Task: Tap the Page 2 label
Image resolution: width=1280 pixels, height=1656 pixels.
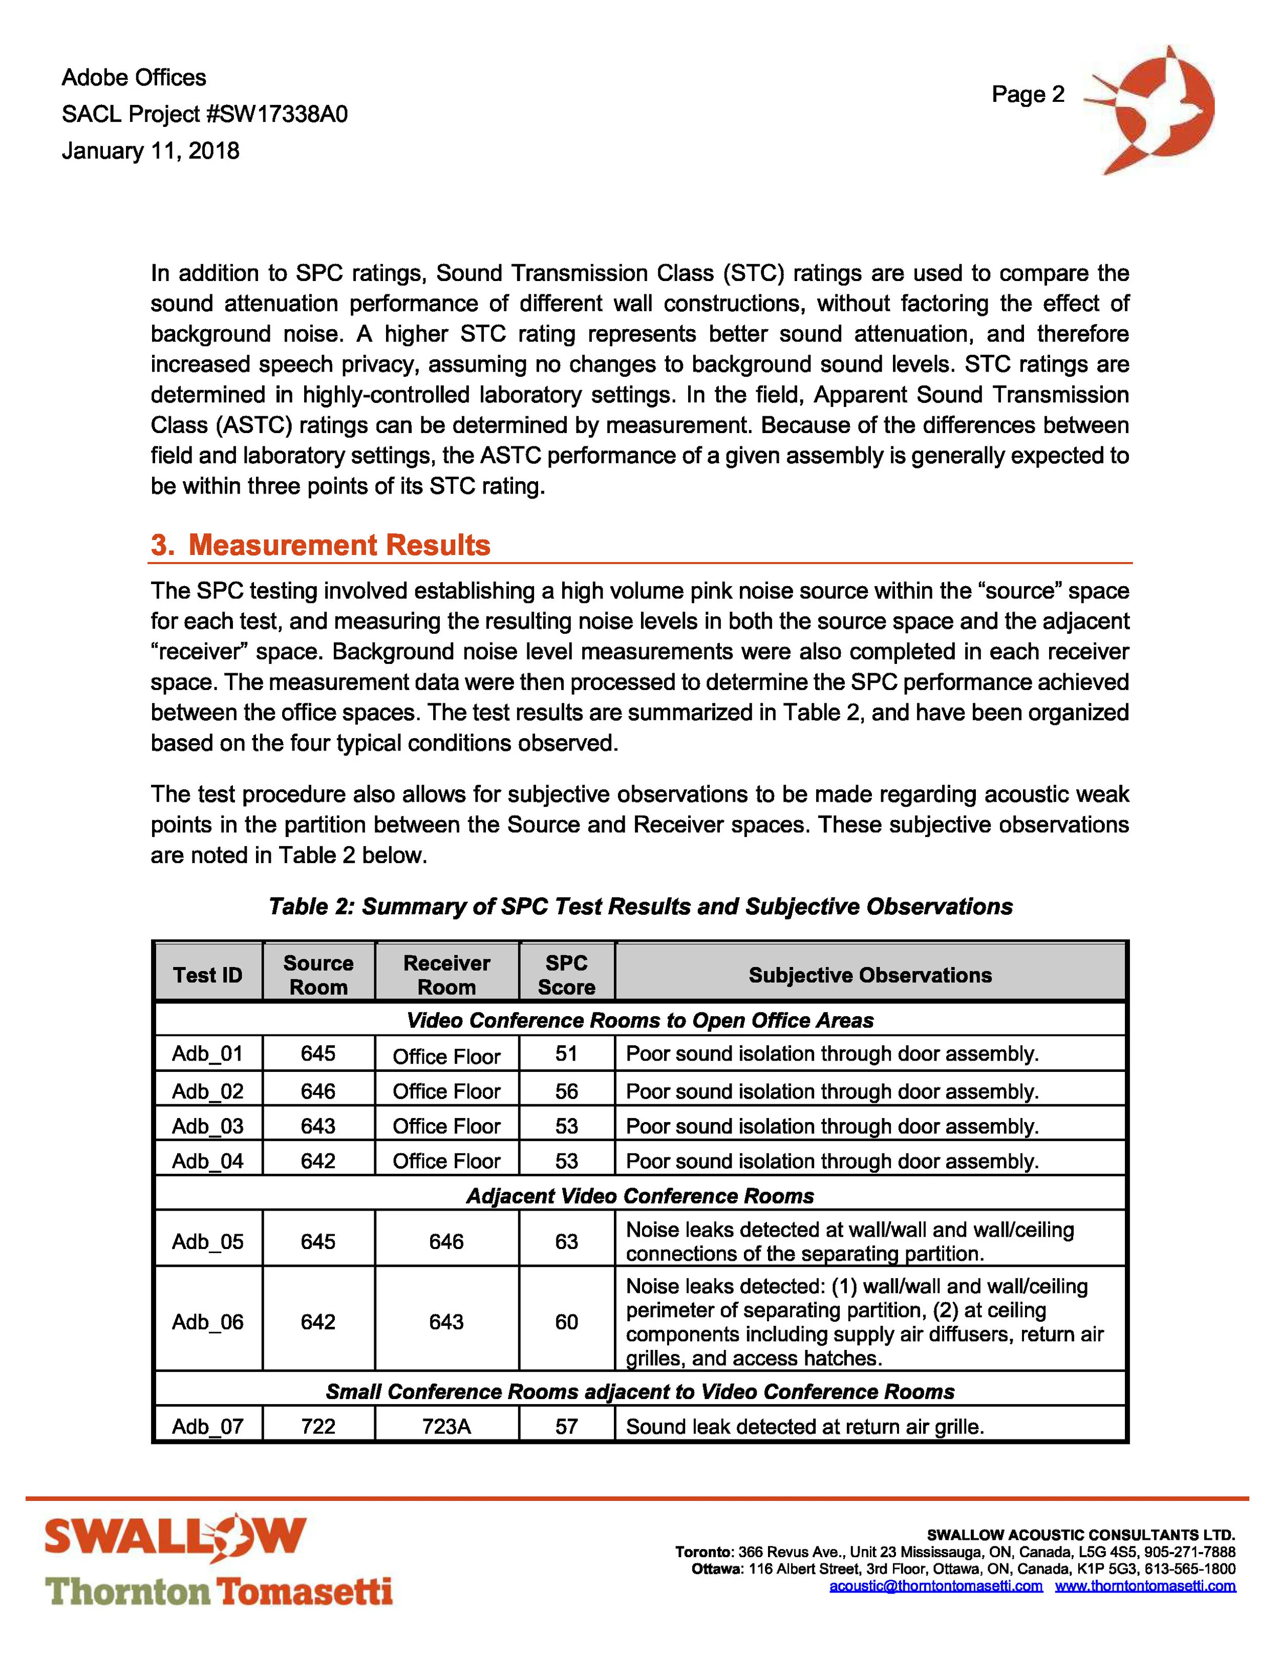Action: pyautogui.click(x=1028, y=94)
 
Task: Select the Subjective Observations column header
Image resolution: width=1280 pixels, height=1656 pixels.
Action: pyautogui.click(x=870, y=975)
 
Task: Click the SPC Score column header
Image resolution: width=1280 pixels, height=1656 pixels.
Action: pyautogui.click(x=566, y=975)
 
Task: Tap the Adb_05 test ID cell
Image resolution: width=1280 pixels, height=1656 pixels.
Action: pyautogui.click(x=208, y=1241)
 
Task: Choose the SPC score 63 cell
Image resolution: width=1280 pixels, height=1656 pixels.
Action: pyautogui.click(x=566, y=1241)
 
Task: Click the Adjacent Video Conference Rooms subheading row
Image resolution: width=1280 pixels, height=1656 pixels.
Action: pyautogui.click(x=640, y=1196)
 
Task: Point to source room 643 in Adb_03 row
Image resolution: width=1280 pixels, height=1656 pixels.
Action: pyautogui.click(x=318, y=1126)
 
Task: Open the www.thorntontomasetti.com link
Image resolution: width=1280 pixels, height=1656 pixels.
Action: pyautogui.click(x=1145, y=1586)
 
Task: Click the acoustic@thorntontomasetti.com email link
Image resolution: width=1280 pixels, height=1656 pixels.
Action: pyautogui.click(x=936, y=1586)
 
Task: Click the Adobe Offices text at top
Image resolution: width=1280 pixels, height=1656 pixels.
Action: pyautogui.click(x=134, y=77)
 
